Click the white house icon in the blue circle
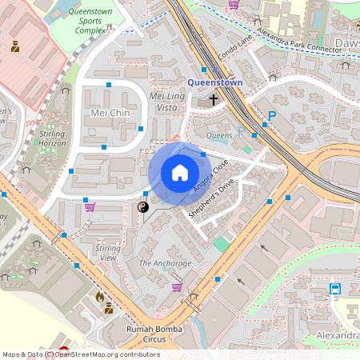pos(179,173)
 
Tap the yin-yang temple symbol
pos(144,207)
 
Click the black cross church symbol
pos(214,100)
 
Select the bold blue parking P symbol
pos(271,117)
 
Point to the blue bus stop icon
pos(334,289)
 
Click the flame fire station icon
pos(99,297)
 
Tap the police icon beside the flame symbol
pos(108,308)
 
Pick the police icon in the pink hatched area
pos(15,46)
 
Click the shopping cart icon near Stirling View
pos(90,207)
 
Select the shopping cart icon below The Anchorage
pos(177,286)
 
